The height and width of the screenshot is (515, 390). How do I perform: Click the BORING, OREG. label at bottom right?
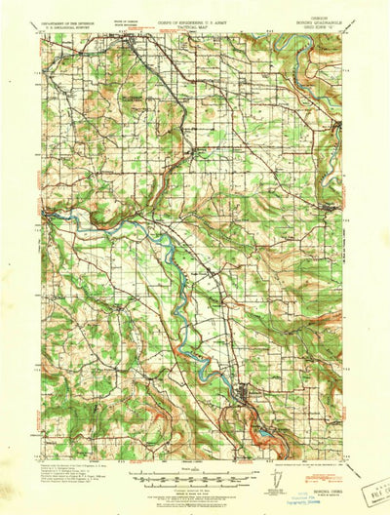tap(323, 468)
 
